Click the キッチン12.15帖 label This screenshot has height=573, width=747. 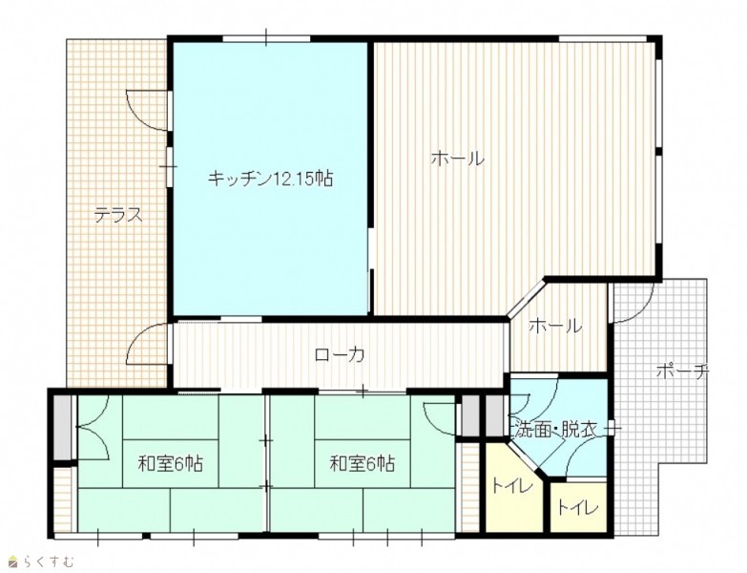point(270,179)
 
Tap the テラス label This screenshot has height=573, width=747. point(118,216)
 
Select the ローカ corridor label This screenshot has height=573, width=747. point(341,354)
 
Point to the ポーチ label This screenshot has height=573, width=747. point(683,371)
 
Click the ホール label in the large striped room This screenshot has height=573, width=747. point(458,159)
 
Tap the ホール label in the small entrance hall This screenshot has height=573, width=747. point(555,326)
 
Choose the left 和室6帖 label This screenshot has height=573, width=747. point(170,463)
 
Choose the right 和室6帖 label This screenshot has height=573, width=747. point(363,463)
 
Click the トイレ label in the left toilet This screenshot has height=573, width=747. point(511,487)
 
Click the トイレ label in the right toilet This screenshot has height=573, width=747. point(578,508)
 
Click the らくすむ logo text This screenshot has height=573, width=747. point(50,563)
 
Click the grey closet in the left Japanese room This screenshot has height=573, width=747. point(61,428)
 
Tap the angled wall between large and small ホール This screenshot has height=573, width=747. point(526,299)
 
